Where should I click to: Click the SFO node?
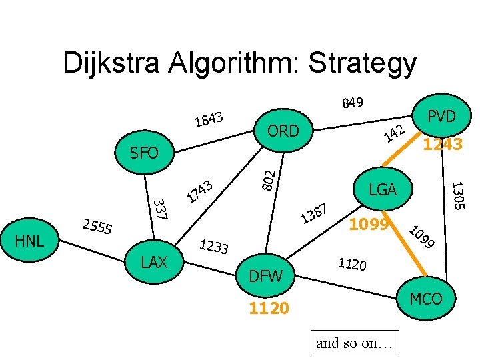click(145, 153)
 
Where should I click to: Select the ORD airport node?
click(283, 131)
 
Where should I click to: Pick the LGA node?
click(383, 190)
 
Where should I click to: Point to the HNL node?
click(29, 240)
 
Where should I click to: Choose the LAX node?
click(154, 262)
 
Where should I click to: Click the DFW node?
click(266, 275)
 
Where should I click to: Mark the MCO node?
click(426, 298)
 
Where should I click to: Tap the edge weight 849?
click(352, 102)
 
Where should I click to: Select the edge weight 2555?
click(97, 227)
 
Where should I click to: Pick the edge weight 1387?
click(314, 214)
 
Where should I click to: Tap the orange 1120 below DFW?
click(268, 308)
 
